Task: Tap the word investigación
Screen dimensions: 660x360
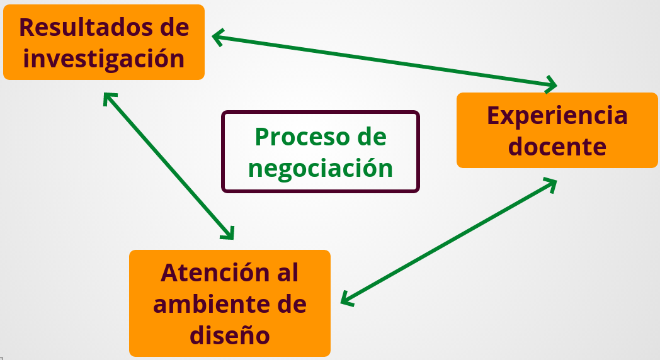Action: tap(104, 59)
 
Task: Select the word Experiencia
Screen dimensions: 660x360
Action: tap(557, 116)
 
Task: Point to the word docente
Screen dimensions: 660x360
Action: tap(557, 147)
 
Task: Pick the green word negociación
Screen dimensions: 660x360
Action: tap(321, 168)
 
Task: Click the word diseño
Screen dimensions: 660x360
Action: tap(230, 335)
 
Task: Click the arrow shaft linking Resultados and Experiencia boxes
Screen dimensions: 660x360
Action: tap(384, 60)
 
